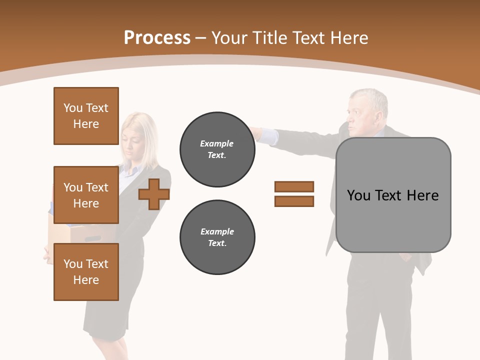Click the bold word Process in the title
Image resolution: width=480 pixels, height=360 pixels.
[157, 38]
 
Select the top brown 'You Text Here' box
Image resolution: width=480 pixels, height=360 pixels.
[86, 116]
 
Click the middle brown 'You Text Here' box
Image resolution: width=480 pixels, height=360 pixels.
[86, 195]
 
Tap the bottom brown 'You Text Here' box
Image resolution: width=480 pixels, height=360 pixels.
[86, 272]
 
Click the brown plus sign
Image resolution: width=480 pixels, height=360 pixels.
[154, 194]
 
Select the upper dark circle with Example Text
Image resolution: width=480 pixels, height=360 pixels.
[217, 149]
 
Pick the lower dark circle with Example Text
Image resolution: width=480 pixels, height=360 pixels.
[217, 237]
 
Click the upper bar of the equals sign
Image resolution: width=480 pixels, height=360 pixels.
[294, 186]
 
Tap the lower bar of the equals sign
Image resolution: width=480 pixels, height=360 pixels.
[294, 201]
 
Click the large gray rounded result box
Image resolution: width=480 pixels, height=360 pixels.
[393, 195]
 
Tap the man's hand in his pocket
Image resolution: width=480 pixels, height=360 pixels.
[407, 258]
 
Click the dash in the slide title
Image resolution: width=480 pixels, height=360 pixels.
[201, 38]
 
